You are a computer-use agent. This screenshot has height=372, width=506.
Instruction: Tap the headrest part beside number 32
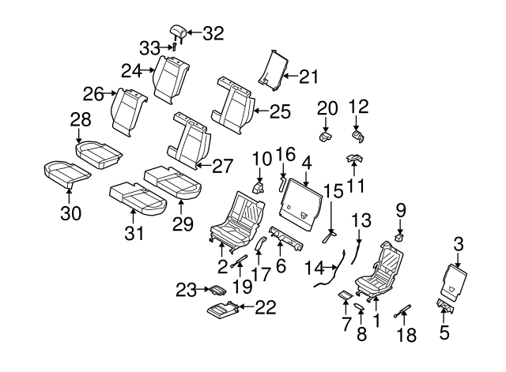click(x=178, y=32)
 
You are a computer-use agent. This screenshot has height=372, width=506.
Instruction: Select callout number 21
click(x=308, y=76)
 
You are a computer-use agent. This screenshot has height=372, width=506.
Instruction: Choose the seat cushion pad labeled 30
click(x=66, y=171)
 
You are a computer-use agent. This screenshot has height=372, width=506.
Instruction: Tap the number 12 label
click(x=359, y=106)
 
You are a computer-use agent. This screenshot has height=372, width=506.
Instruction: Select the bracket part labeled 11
click(x=353, y=160)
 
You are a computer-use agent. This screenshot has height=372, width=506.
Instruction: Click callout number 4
click(x=306, y=163)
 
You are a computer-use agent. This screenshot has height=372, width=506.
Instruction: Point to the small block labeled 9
click(x=399, y=235)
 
